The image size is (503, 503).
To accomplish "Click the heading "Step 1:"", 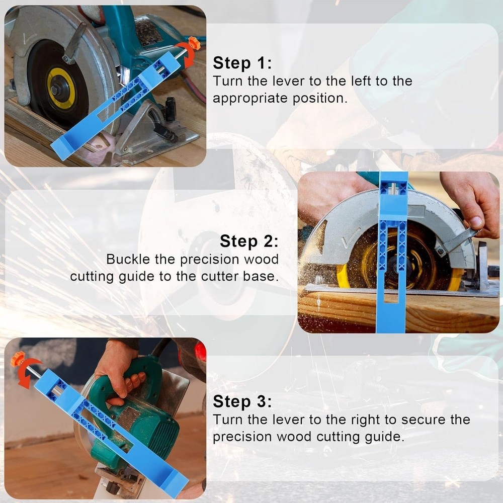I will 242,63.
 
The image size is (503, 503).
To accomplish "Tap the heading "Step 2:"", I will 248,241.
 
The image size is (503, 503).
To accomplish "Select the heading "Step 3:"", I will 242,402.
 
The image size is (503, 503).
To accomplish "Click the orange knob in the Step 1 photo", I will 194,44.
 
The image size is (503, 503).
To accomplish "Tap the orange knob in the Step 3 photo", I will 18,359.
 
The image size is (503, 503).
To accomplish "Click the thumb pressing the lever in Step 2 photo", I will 475,222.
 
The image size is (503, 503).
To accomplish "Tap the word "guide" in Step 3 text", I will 384,437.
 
